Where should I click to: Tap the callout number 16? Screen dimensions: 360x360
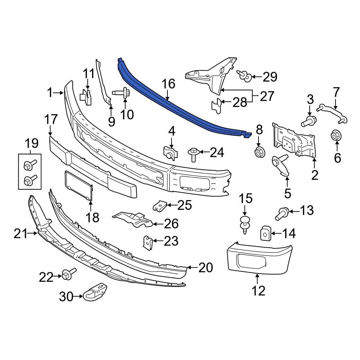(168, 84)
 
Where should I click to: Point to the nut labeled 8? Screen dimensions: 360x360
(258, 153)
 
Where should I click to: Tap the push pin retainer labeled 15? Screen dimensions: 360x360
(245, 224)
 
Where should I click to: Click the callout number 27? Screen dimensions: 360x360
(266, 96)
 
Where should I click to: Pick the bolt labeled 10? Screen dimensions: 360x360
(122, 93)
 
